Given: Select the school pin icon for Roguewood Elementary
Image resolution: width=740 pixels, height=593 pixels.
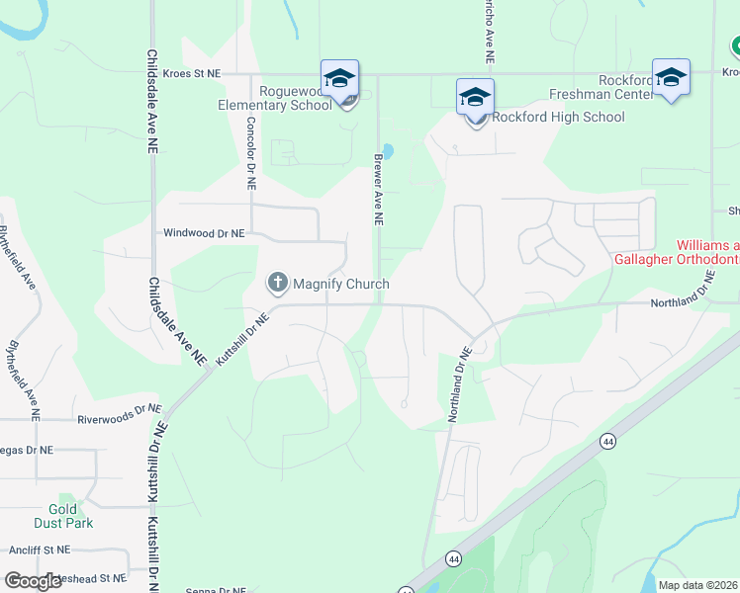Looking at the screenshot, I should click(339, 78).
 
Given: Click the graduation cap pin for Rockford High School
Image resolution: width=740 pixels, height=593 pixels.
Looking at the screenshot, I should click(475, 98).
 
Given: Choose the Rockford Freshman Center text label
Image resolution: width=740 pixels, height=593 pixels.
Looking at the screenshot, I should click(603, 87).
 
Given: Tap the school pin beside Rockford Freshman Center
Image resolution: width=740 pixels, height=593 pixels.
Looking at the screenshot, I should click(672, 78).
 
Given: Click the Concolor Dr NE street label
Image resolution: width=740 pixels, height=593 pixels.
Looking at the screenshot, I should click(251, 153).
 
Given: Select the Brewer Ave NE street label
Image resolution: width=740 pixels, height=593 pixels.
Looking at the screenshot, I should click(378, 189).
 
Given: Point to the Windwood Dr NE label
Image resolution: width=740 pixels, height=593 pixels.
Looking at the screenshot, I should click(203, 233).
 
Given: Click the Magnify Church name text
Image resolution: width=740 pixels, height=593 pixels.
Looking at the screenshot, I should click(340, 284).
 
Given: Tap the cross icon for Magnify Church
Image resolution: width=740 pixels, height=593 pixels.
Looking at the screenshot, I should click(277, 284).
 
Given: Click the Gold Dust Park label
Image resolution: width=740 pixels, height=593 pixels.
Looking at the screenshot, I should click(61, 516).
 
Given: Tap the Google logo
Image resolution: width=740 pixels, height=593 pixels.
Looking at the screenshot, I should click(34, 581).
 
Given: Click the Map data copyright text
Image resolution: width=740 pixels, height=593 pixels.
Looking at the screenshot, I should click(697, 585).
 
